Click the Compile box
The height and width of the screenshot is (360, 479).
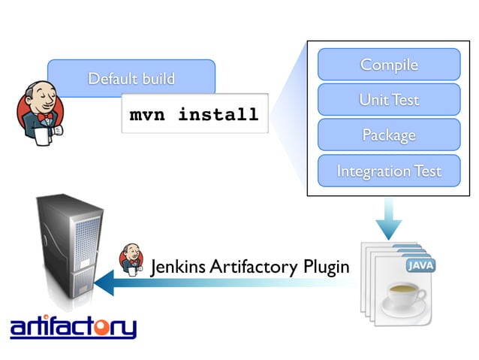click(x=388, y=65)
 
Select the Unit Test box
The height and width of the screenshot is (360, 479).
click(x=388, y=100)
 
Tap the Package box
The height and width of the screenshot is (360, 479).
click(x=388, y=135)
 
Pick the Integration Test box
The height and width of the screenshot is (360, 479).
click(x=388, y=171)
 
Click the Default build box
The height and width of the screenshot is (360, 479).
click(x=131, y=78)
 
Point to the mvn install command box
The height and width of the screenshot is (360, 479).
click(x=194, y=115)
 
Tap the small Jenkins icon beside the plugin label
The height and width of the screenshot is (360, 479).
click(x=132, y=259)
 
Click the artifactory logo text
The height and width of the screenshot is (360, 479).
click(x=73, y=328)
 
